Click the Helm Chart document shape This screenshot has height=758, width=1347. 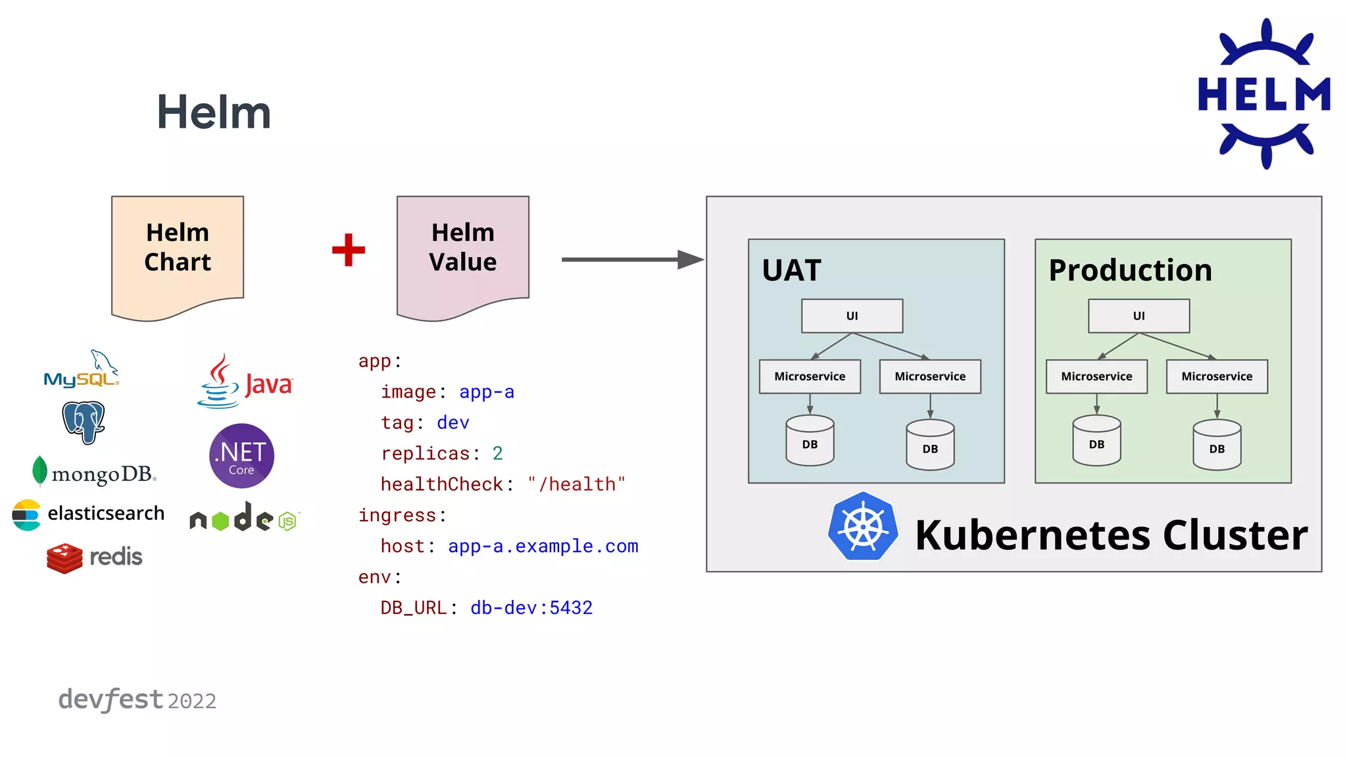[x=178, y=253]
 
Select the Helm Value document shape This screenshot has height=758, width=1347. [x=463, y=253]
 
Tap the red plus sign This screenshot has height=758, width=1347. [x=349, y=250]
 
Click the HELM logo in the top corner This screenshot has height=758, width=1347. [x=1264, y=93]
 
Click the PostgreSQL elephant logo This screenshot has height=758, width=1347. [x=84, y=422]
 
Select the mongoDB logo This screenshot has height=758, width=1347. [x=94, y=472]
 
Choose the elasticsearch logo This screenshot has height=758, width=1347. [x=89, y=514]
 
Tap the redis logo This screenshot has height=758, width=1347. [x=95, y=557]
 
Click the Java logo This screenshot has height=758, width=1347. [x=245, y=382]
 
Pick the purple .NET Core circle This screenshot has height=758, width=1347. [x=241, y=455]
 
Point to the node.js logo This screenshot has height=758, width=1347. [x=244, y=518]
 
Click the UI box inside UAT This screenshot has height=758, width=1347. [x=852, y=316]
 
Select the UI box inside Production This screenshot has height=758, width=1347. [x=1139, y=316]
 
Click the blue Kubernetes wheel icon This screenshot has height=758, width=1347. [x=863, y=526]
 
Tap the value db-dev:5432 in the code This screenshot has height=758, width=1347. [x=531, y=607]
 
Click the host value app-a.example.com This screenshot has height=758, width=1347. [x=543, y=546]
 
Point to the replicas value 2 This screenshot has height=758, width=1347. [x=498, y=453]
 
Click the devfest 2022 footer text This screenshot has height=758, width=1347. [x=137, y=699]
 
